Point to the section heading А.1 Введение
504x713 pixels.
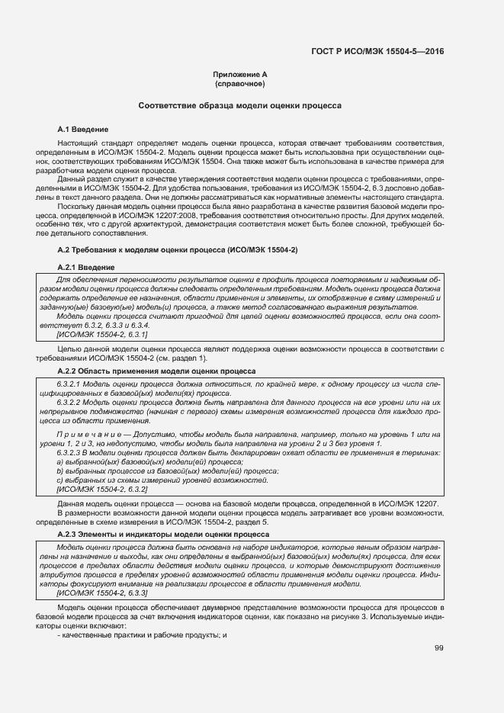[83, 130]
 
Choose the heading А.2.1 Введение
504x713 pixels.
[86, 268]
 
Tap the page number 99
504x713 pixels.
[439, 648]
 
